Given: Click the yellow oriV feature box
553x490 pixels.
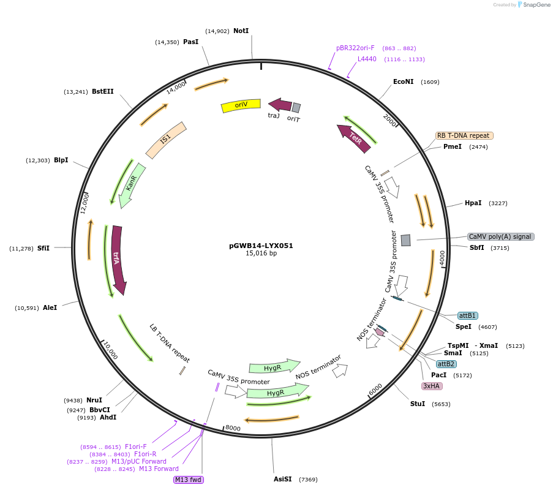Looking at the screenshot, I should click(241, 105).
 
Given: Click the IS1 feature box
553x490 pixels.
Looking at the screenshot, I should click(166, 140).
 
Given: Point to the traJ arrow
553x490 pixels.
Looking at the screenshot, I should click(279, 105).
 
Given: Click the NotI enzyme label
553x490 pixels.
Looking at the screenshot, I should click(241, 31).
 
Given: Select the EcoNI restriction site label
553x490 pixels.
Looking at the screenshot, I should click(404, 81).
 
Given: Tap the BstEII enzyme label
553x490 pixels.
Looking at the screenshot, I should click(103, 92).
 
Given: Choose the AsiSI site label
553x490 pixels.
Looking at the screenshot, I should click(283, 479).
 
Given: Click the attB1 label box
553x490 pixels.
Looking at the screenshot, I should click(467, 315).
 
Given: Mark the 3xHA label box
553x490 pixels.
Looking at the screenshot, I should click(432, 386).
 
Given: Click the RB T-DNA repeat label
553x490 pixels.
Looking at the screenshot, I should click(464, 136).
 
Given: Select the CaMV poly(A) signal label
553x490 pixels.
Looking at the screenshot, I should click(500, 237).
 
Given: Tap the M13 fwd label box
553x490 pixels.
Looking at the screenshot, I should click(189, 480).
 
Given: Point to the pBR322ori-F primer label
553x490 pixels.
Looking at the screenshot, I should click(355, 48).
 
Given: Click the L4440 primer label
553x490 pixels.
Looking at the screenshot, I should click(367, 59).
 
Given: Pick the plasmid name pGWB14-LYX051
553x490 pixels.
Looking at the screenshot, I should click(261, 246).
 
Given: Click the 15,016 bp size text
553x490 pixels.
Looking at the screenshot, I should click(261, 254).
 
